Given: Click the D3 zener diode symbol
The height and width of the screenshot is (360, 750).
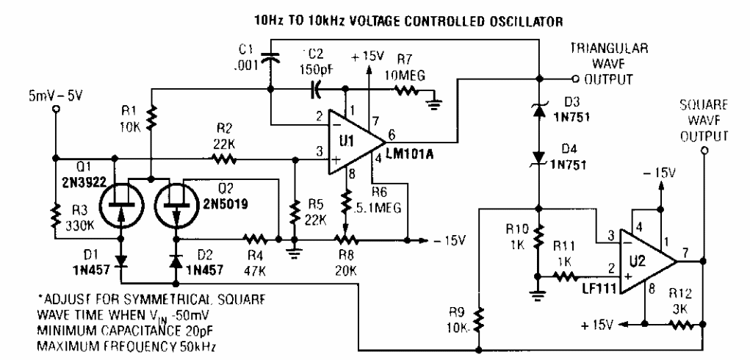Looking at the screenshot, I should pos(540,112).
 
